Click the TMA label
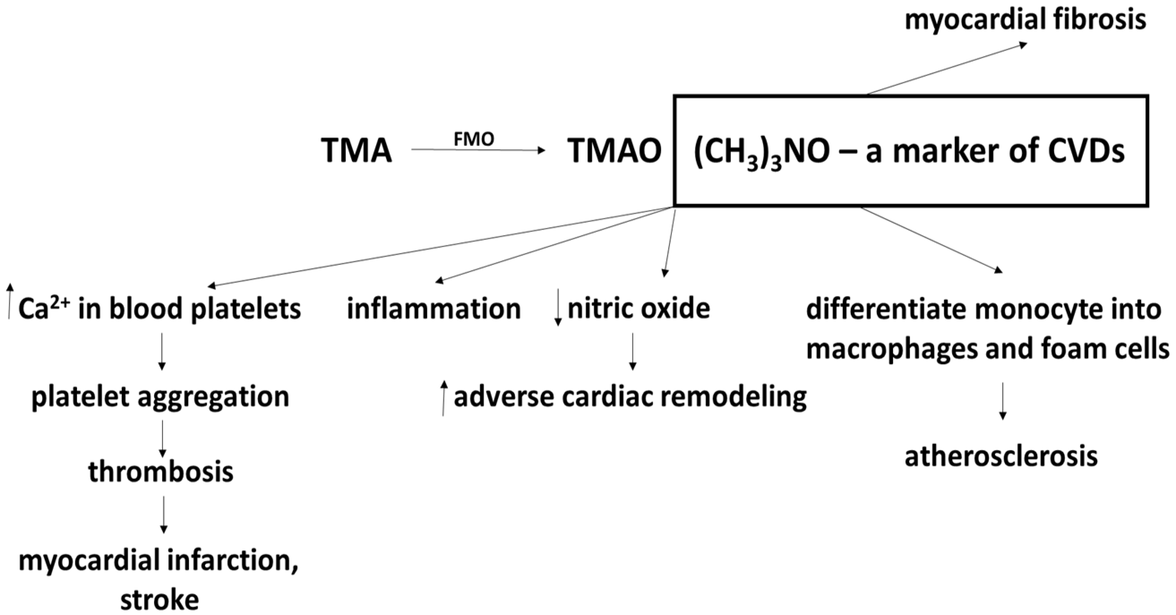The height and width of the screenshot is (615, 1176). tap(356, 150)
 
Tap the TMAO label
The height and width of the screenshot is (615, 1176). tap(614, 150)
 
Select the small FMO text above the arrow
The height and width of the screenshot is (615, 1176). tap(473, 139)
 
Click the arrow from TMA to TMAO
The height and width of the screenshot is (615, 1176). tap(478, 149)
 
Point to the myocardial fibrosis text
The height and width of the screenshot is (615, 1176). tap(1025, 20)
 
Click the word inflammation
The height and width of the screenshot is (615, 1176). tap(433, 309)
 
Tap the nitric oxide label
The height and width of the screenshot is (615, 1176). tap(638, 308)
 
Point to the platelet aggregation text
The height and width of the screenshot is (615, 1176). tap(160, 397)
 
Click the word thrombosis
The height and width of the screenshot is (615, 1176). tap(161, 472)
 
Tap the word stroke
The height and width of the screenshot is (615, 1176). tap(160, 599)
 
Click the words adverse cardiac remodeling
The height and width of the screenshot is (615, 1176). tap(630, 397)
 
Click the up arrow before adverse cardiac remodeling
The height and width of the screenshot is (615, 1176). tap(443, 398)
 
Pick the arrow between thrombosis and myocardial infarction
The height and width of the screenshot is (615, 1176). tap(163, 514)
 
